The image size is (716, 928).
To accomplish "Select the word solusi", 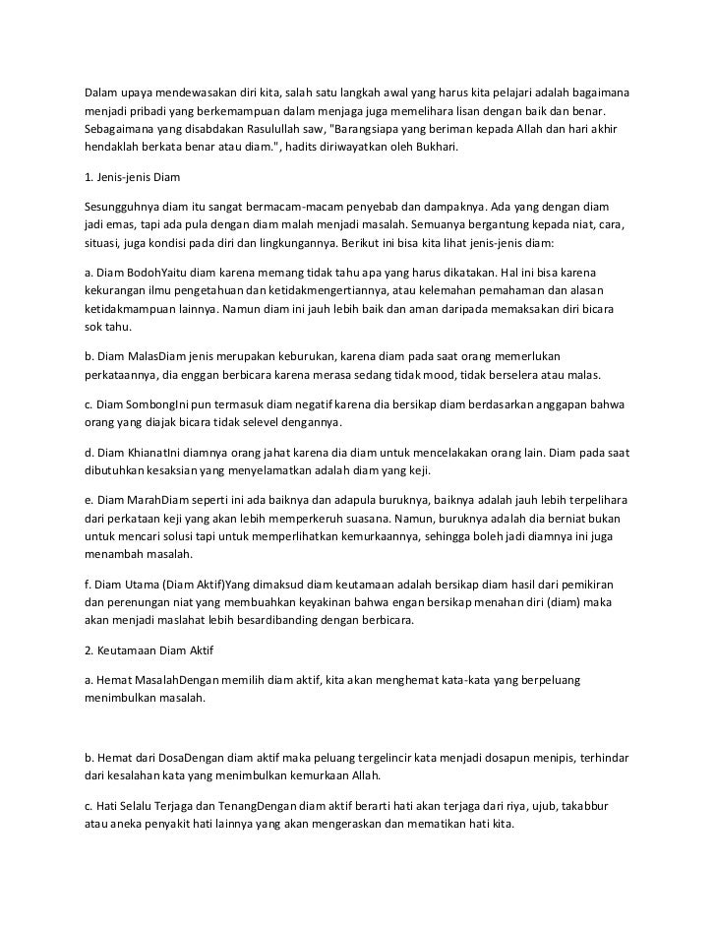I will pos(172,538).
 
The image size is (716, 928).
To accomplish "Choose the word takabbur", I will pos(581,806).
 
